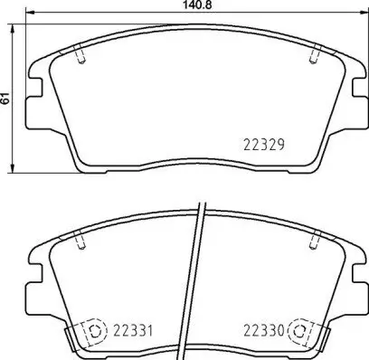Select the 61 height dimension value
click(5, 99)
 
